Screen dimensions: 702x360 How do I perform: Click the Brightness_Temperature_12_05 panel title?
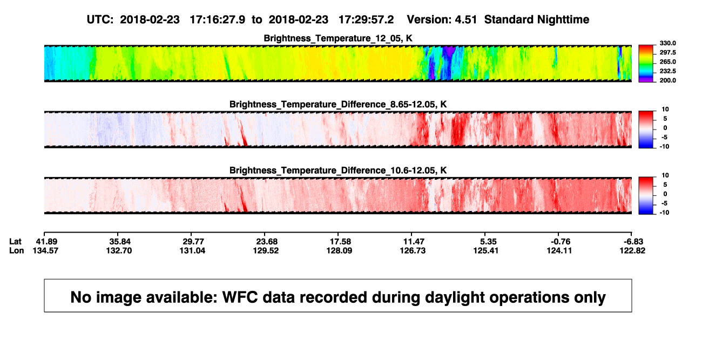click(338, 38)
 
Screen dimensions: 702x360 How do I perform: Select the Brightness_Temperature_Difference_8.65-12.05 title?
click(338, 104)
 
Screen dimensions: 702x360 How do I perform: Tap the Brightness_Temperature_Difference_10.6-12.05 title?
click(338, 171)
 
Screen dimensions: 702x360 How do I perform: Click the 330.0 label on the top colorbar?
click(667, 43)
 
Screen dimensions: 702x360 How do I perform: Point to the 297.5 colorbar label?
click(667, 53)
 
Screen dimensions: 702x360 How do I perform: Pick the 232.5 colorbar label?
click(667, 71)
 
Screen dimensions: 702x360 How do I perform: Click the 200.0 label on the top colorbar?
click(667, 80)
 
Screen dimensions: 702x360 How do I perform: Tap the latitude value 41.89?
click(46, 242)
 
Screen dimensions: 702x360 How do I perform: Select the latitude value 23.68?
click(267, 242)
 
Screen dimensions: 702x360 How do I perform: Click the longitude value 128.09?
click(339, 250)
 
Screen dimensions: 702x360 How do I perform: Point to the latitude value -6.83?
click(633, 242)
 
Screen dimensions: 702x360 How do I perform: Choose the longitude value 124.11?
click(559, 250)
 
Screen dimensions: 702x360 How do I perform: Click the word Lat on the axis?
click(15, 242)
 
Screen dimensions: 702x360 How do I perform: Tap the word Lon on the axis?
click(17, 250)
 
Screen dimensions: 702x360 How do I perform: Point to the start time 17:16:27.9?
click(218, 20)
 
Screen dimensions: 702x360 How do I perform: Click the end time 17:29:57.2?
click(366, 20)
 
